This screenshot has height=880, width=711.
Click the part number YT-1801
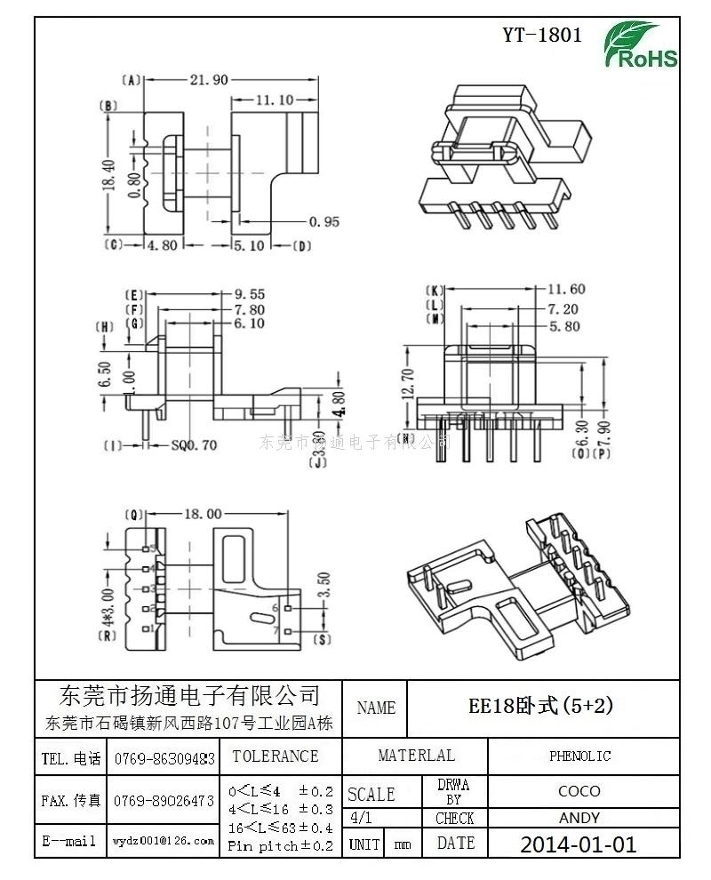tap(542, 35)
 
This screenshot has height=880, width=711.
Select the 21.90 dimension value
tap(209, 80)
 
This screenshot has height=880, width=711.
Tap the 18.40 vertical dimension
tap(109, 176)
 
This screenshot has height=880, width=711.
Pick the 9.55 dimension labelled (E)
tap(249, 294)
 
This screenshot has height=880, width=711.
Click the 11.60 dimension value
tap(566, 289)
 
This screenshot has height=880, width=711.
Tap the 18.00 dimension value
tap(202, 514)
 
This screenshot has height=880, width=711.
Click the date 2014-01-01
tap(578, 844)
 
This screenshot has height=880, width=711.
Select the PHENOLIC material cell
tap(579, 756)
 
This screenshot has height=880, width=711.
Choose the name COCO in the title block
tap(579, 790)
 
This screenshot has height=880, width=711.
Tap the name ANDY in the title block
tap(579, 818)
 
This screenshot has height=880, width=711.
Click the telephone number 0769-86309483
tap(164, 758)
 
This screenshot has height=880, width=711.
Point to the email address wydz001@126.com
tap(164, 840)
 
